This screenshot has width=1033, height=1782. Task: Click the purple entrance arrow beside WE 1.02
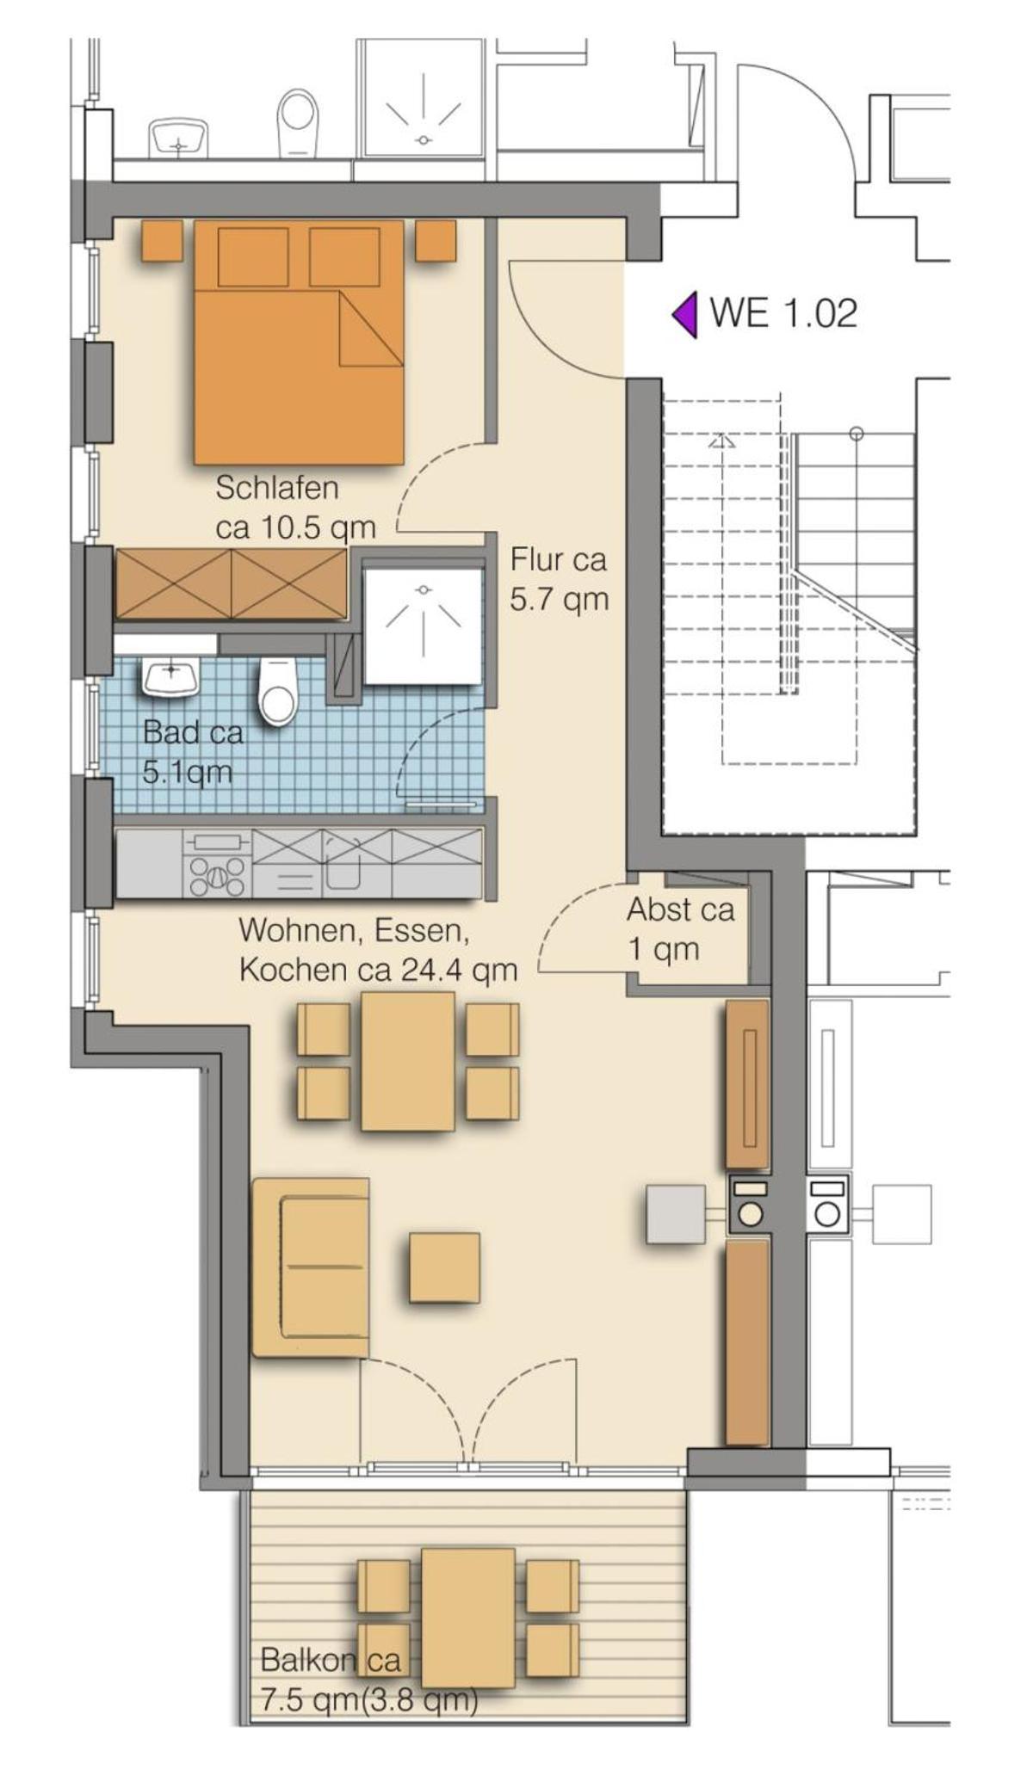(685, 314)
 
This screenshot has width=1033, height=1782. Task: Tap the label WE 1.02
(783, 313)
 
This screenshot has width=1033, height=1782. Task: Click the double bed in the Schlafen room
(299, 342)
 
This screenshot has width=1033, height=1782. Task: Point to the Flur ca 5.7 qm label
(559, 578)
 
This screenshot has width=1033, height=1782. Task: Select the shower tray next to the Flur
(423, 626)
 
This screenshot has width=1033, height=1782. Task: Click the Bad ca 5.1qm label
(192, 752)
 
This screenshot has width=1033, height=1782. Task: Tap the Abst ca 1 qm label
(680, 929)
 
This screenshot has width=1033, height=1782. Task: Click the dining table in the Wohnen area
(408, 1060)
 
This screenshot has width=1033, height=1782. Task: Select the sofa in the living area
(311, 1267)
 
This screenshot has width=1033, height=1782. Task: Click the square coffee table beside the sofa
(444, 1267)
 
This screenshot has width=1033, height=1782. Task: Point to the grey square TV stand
(677, 1214)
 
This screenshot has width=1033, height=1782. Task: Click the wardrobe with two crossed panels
(232, 584)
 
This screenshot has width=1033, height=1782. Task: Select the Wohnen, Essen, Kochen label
(378, 949)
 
